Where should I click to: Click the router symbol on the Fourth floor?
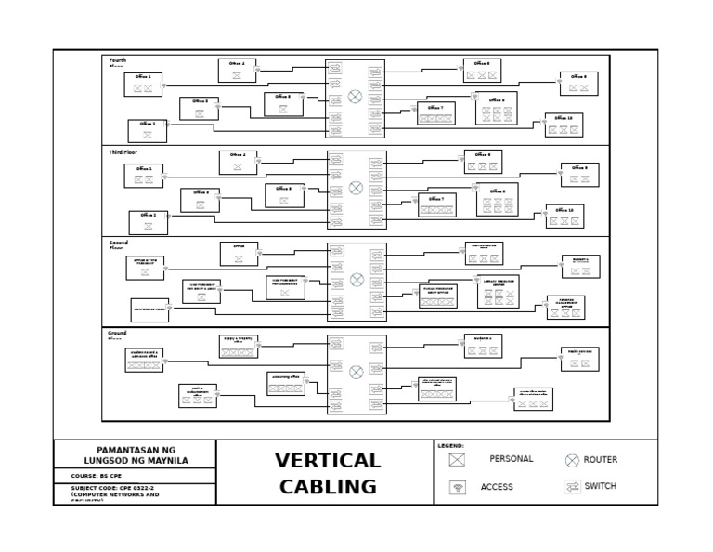[x=356, y=97]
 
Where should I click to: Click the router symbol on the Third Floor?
[x=356, y=188]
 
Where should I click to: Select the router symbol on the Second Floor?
[x=356, y=280]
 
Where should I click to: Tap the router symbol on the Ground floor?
[x=356, y=372]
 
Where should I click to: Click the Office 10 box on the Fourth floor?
[x=564, y=125]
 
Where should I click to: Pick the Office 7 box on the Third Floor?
[x=436, y=205]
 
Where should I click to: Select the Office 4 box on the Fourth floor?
[x=238, y=71]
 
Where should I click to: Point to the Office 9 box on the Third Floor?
[x=579, y=175]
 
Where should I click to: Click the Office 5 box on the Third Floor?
[x=284, y=195]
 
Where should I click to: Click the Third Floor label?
[x=123, y=152]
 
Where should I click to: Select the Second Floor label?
[x=118, y=245]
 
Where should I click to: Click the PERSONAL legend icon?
[x=457, y=460]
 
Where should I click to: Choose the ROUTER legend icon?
[x=572, y=460]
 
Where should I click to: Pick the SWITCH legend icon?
[x=572, y=486]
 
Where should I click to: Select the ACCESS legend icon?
[x=457, y=487]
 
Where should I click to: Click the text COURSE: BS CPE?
[x=97, y=476]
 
